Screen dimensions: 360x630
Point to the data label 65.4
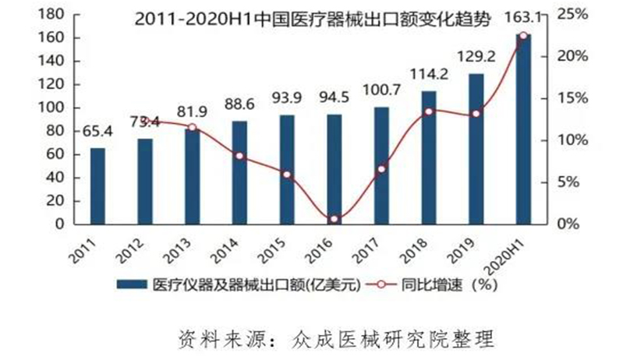pos(97,131)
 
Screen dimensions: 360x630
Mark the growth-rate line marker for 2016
pos(334,220)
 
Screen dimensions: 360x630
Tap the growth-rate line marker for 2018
pos(429,111)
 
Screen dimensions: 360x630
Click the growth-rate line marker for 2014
pos(239,156)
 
